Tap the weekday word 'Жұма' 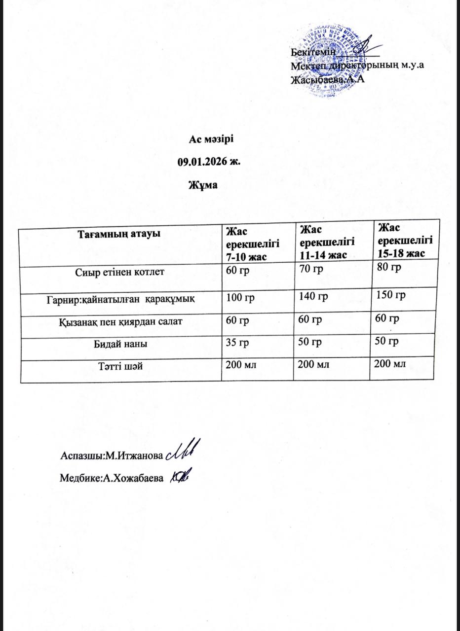pos(203,184)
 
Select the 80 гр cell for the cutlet pos(388,268)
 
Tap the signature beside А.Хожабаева pos(180,477)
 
